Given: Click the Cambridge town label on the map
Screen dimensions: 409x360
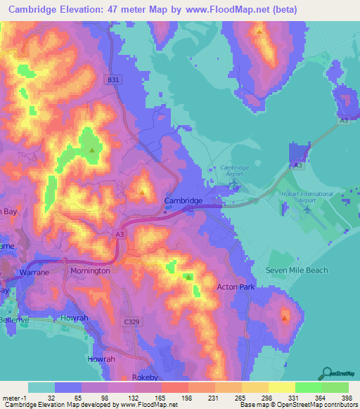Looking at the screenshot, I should click(183, 200).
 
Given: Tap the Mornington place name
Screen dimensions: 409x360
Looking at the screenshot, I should click(90, 270).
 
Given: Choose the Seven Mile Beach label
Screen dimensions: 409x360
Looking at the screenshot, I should click(297, 270).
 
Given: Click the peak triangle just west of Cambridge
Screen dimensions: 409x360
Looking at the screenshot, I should click(143, 190).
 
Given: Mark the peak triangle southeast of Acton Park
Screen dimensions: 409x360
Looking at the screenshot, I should click(285, 318).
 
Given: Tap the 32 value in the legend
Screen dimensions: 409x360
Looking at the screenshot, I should click(51, 397).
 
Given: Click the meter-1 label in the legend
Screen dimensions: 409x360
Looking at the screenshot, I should click(15, 397).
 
